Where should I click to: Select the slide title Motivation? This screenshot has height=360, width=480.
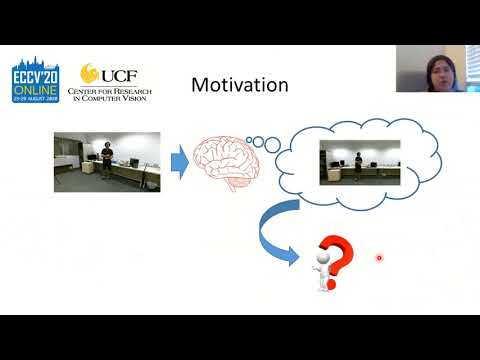[239, 85]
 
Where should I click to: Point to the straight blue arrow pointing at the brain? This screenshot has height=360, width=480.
[178, 159]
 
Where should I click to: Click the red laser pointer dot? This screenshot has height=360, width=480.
[379, 258]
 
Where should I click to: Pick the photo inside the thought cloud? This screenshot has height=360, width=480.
[359, 161]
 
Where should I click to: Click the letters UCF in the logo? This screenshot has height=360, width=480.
[114, 75]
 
